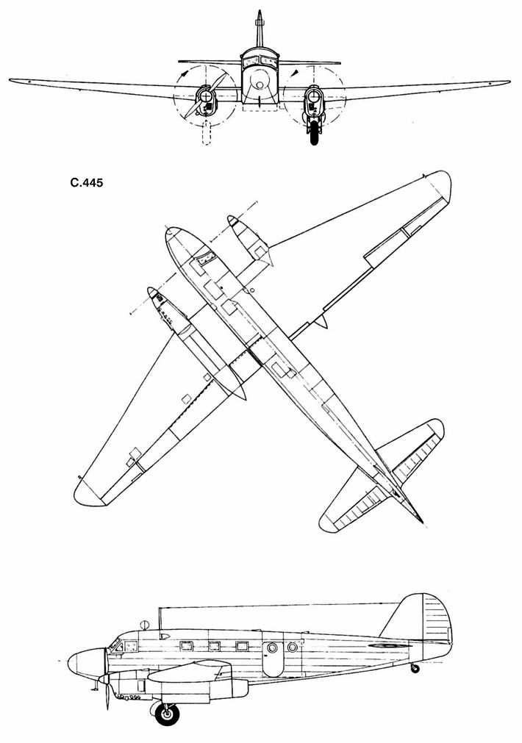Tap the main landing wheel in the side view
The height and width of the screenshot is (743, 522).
coord(170,713)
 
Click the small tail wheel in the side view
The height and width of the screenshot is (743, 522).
coord(416,668)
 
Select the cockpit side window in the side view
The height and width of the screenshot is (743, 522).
coord(130,647)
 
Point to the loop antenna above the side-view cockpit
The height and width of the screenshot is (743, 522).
coord(144,625)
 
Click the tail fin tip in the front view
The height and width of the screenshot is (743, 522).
coord(260,15)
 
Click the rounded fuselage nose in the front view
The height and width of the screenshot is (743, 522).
coord(260,85)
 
